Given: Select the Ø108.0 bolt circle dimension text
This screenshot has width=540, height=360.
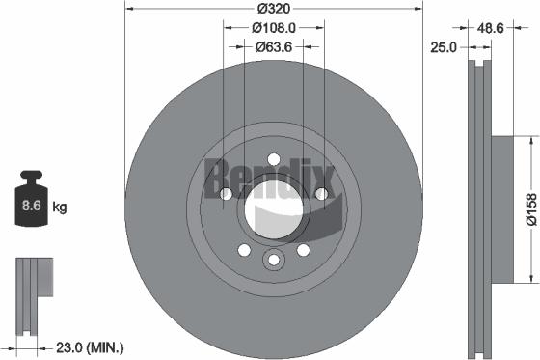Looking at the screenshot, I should click(x=274, y=28).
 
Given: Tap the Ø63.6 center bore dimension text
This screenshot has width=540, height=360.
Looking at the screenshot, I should click(x=274, y=45).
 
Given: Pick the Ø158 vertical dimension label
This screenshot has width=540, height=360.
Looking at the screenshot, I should click(x=529, y=209).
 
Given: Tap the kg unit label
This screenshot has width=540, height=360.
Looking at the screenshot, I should click(x=59, y=207).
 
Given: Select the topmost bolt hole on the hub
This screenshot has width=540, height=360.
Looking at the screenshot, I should click(x=273, y=158).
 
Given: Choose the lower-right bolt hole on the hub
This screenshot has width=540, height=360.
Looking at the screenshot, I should click(x=303, y=249).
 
